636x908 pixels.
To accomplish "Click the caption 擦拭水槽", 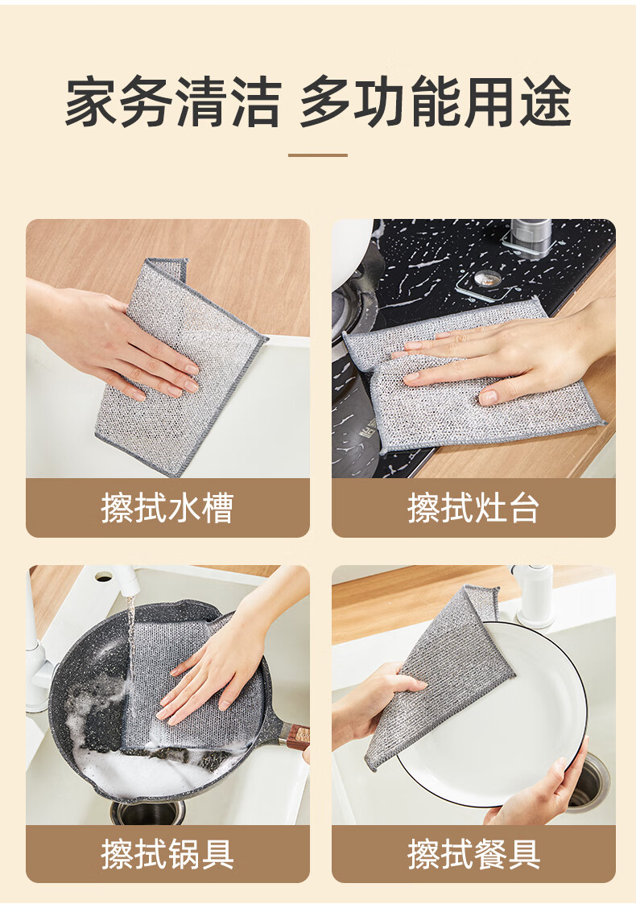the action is coord(167,508).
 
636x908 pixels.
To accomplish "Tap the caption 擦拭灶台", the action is coord(473,508).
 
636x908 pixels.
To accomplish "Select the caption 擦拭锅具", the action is coord(167,853).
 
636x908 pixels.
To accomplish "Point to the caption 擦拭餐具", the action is coord(473,853).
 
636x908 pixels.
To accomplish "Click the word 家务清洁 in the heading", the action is coord(173,102).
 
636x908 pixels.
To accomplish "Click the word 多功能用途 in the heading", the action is coord(436,102).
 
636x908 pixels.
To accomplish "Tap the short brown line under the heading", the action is coord(318,155).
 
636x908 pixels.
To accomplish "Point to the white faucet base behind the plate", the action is coord(534,596).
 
